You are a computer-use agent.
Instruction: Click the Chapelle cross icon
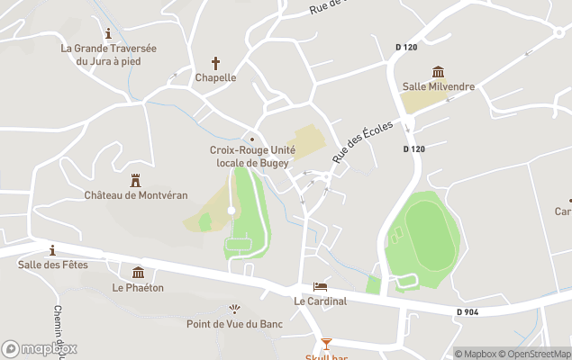point(215,63)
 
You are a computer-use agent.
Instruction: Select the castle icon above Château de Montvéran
point(136,180)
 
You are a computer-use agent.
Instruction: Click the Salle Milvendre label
point(438,86)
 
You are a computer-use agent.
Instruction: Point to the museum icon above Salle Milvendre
point(438,71)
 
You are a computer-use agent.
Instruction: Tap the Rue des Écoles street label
point(362,142)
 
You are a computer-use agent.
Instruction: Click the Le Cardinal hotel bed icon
point(320,286)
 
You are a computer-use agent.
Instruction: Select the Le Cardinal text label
point(320,301)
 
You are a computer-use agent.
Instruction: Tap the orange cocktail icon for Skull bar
point(326,344)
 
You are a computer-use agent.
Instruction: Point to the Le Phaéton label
point(137,288)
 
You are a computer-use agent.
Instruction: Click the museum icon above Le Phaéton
point(138,273)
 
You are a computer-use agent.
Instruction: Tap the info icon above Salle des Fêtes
point(52,249)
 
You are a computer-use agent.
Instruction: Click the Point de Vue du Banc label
point(234,324)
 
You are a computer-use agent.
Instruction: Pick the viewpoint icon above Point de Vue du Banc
point(236,309)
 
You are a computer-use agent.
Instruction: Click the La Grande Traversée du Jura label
point(109,55)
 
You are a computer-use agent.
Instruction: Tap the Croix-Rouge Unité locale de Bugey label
point(251,156)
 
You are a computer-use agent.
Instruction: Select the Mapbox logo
point(40,348)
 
